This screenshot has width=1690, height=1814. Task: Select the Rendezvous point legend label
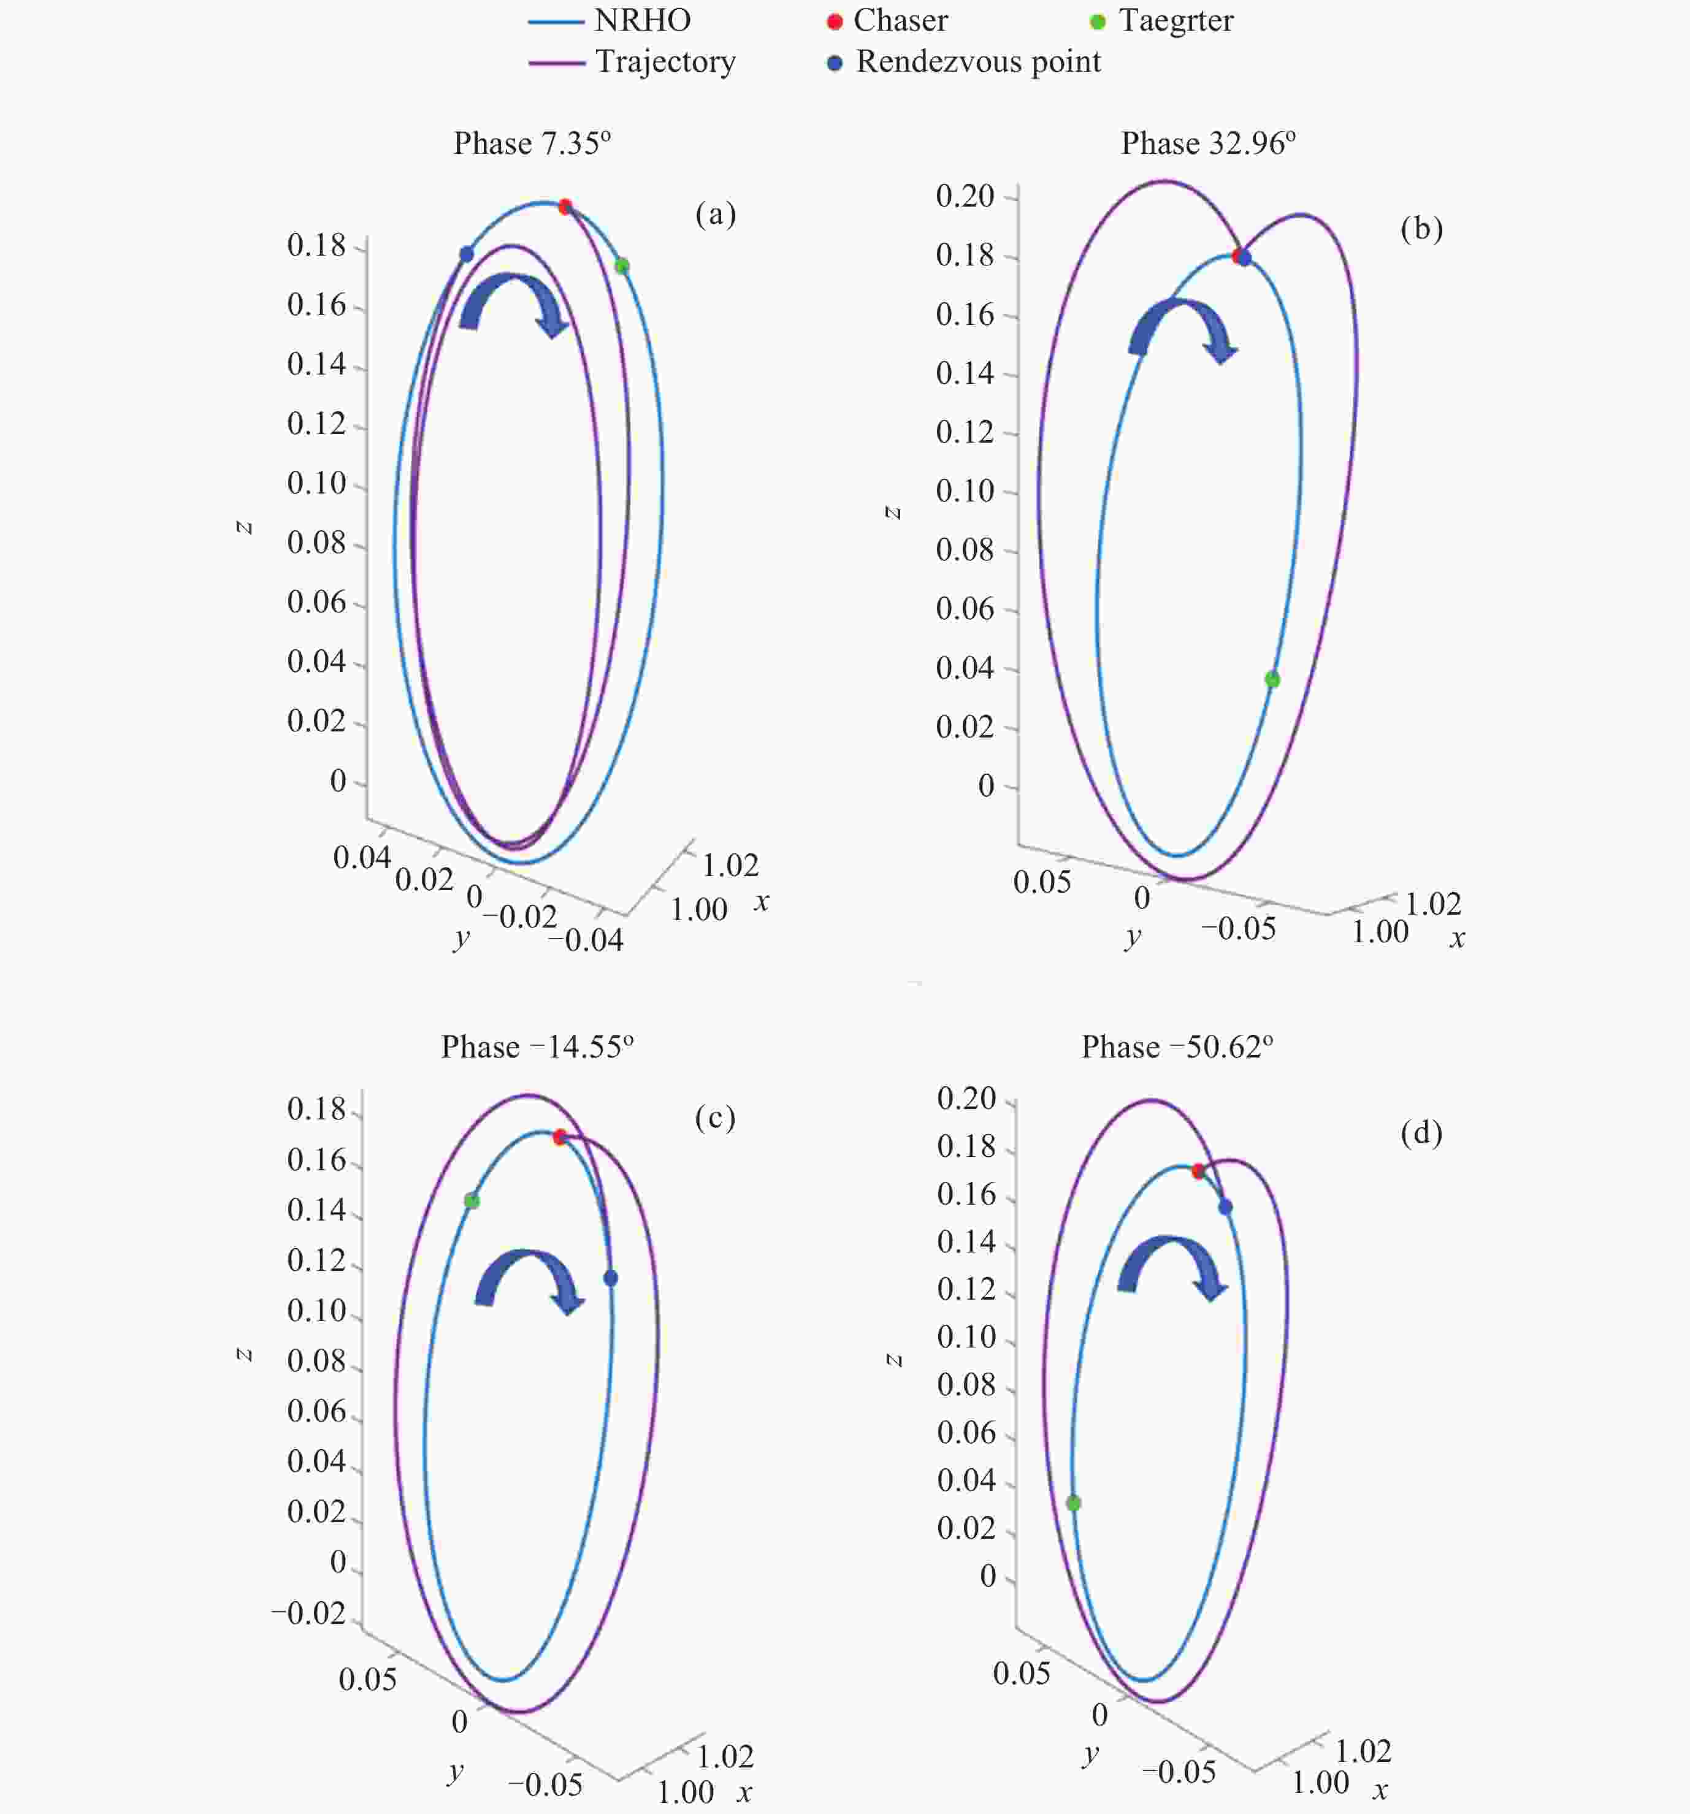[978, 62]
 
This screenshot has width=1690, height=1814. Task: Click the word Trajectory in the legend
[665, 62]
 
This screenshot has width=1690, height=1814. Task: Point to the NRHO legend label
[643, 20]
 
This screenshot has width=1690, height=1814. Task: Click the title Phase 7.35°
[532, 143]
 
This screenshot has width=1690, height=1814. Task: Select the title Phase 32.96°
[1208, 143]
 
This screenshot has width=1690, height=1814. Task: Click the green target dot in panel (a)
[621, 267]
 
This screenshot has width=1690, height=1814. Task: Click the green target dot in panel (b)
[1272, 679]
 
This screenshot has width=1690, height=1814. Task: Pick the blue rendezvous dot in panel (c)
[611, 1278]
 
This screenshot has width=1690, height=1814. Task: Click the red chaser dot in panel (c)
[559, 1137]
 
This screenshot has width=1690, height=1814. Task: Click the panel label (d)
[1421, 1134]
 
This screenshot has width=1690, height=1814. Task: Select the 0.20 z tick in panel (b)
[965, 196]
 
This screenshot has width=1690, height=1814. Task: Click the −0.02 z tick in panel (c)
[308, 1612]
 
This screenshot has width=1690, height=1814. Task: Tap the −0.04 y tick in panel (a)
[586, 940]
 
